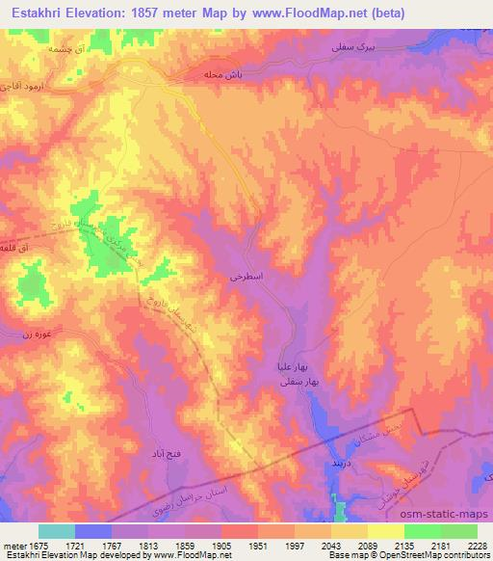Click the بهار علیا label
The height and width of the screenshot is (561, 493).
pyautogui.click(x=292, y=366)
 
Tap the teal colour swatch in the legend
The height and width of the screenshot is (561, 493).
pyautogui.click(x=56, y=531)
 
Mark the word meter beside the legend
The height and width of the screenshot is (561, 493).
pyautogui.click(x=14, y=546)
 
